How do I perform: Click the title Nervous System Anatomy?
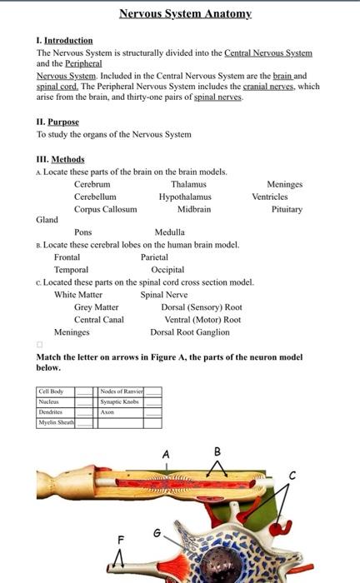pyautogui.click(x=184, y=14)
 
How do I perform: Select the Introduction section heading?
pyautogui.click(x=67, y=40)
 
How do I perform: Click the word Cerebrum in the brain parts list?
pyautogui.click(x=92, y=184)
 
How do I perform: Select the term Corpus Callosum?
pyautogui.click(x=105, y=209)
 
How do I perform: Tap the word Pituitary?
pyautogui.click(x=287, y=209)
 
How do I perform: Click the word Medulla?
pyautogui.click(x=170, y=232)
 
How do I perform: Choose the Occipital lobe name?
pyautogui.click(x=167, y=270)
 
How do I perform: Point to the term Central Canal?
pyautogui.click(x=98, y=319)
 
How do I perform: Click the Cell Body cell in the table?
pyautogui.click(x=49, y=391)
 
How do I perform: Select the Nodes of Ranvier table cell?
pyautogui.click(x=122, y=391)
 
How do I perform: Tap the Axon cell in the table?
pyautogui.click(x=107, y=411)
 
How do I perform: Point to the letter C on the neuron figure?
pyautogui.click(x=292, y=475)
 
